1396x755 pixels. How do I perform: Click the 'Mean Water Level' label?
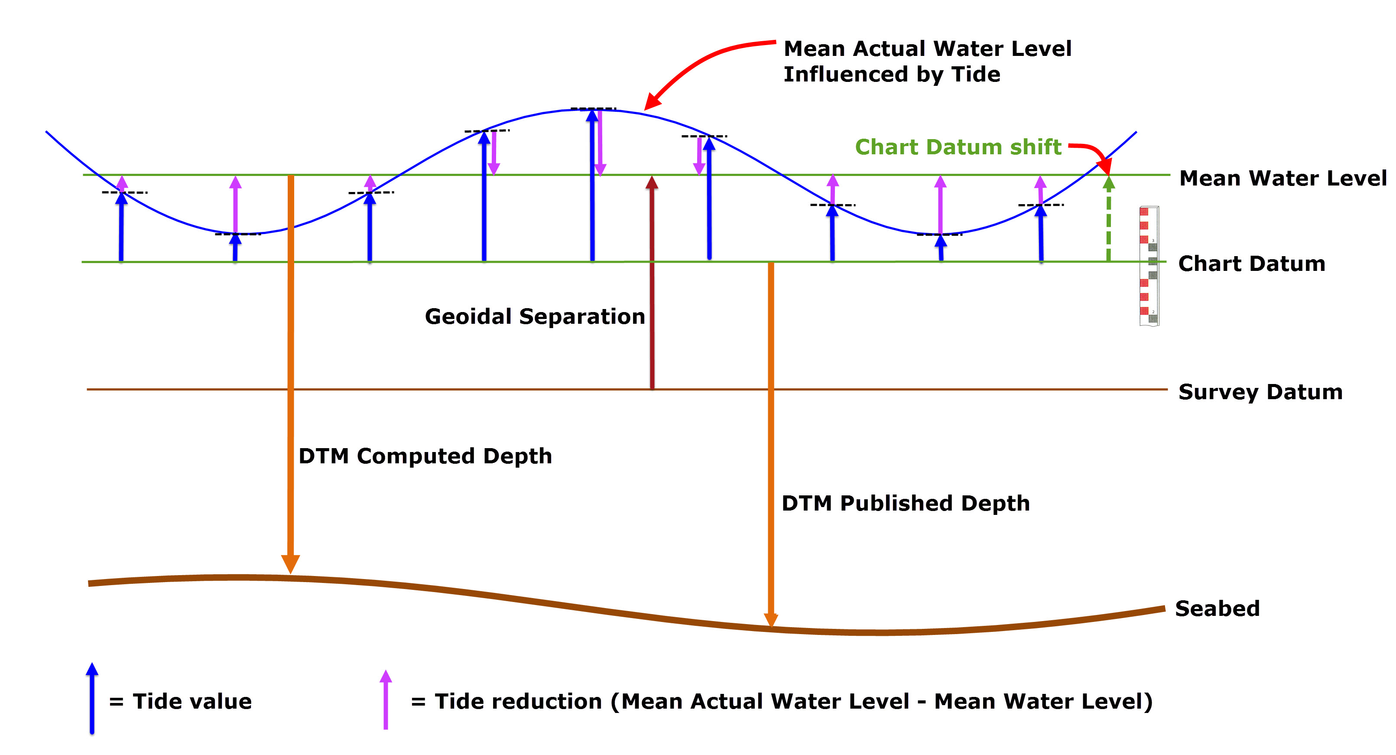tap(1282, 178)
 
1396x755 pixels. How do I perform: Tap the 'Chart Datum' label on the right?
tap(1251, 264)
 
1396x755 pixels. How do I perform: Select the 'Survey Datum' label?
tap(1260, 392)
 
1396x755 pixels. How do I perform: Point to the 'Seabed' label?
tap(1217, 609)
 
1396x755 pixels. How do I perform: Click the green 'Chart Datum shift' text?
tap(958, 147)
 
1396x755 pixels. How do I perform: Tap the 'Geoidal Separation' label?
tap(535, 316)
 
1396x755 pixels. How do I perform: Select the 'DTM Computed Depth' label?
tap(425, 456)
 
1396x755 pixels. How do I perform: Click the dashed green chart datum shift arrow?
tap(1109, 222)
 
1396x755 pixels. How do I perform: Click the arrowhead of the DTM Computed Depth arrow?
tap(290, 564)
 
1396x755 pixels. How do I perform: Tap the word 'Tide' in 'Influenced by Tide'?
tap(975, 74)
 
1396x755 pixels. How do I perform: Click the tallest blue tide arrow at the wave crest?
tap(592, 184)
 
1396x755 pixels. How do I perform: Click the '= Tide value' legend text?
tap(181, 701)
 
